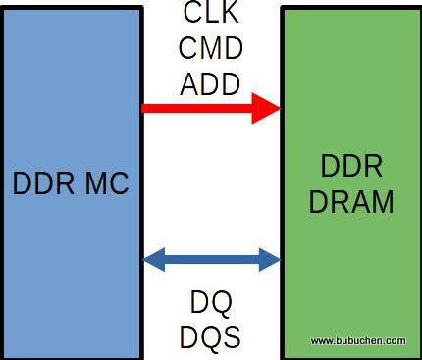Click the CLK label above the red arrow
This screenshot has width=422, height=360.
point(210,15)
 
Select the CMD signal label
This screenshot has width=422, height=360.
point(210,48)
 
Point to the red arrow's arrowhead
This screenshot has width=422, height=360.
point(267,108)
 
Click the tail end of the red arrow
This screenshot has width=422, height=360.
point(147,108)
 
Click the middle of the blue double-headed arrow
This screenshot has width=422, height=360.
point(212,260)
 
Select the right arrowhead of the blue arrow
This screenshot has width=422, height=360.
point(270,260)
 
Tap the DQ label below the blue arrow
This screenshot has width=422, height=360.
point(210,303)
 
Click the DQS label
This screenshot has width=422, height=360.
point(210,336)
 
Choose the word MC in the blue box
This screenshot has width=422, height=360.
point(105,183)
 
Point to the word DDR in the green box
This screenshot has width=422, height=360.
point(350,165)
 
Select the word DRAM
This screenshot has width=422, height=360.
point(350,201)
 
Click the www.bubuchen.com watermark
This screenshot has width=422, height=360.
point(357,341)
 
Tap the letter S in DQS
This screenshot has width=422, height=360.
point(231,336)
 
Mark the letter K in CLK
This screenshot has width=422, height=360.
point(231,15)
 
